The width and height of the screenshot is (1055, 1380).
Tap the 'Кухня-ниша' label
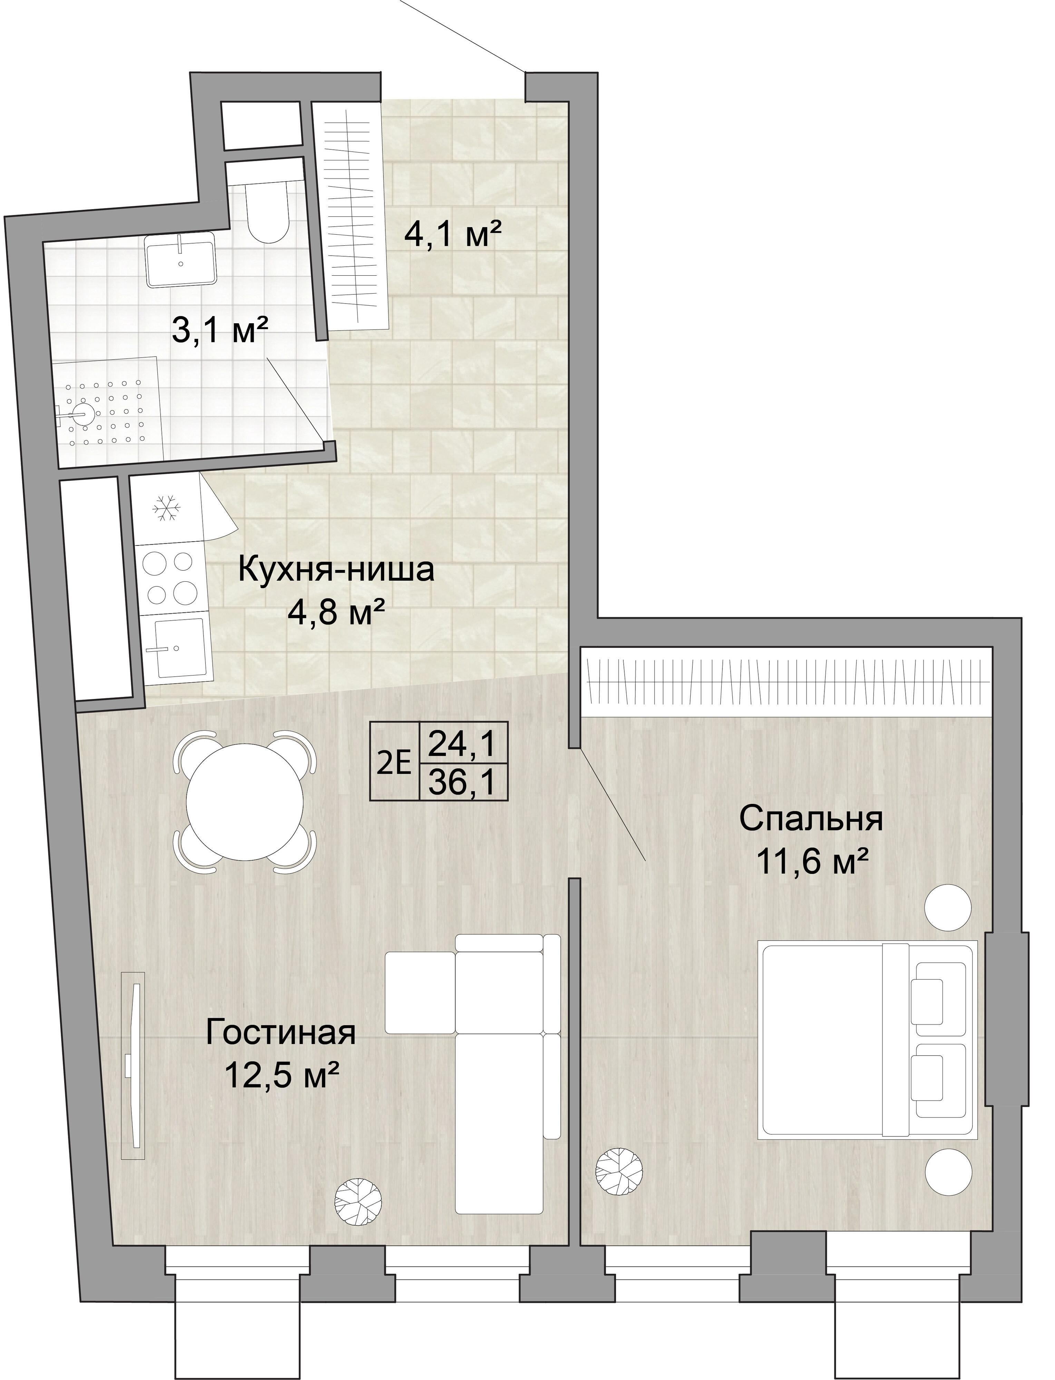(x=336, y=571)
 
